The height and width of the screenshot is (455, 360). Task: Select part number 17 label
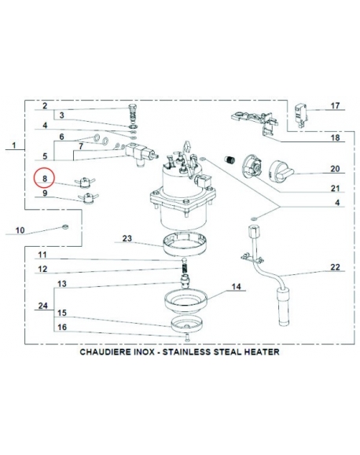point(334,105)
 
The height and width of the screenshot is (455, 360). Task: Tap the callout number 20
point(334,169)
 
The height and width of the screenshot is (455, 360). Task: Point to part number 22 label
point(334,268)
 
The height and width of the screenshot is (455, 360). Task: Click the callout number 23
point(127,238)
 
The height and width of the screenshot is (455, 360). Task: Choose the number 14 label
point(234,288)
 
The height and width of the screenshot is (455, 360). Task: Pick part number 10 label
point(20,230)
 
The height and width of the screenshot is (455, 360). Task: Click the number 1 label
point(13,145)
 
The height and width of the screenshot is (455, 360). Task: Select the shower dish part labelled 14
point(183,301)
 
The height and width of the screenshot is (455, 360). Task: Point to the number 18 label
point(334,138)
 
